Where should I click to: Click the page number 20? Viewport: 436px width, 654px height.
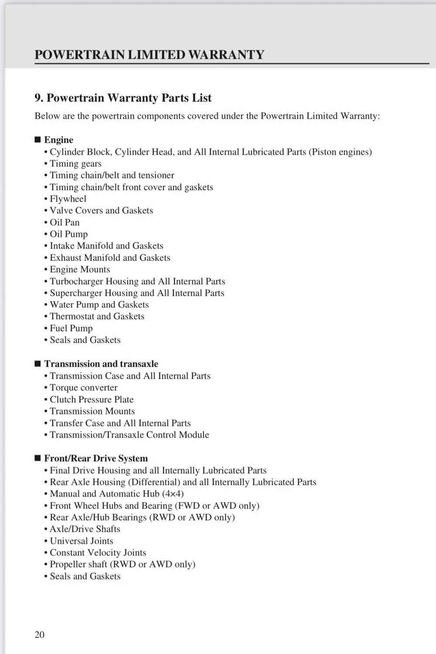pyautogui.click(x=39, y=634)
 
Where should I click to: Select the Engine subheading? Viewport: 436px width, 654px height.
pyautogui.click(x=58, y=140)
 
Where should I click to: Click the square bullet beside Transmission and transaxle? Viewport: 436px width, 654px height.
pyautogui.click(x=38, y=364)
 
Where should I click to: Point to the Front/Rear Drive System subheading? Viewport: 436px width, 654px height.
pyautogui.click(x=96, y=458)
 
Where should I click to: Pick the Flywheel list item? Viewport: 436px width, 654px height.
pyautogui.click(x=68, y=199)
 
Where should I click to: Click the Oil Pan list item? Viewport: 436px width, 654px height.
pyautogui.click(x=65, y=222)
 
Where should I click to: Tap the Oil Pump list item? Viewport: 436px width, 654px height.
pyautogui.click(x=68, y=234)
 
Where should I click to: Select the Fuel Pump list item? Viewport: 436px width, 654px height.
pyautogui.click(x=71, y=328)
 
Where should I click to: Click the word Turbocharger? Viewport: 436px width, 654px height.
pyautogui.click(x=76, y=281)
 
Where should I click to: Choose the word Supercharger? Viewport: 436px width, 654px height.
pyautogui.click(x=76, y=293)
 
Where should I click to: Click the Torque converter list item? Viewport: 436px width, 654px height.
pyautogui.click(x=83, y=388)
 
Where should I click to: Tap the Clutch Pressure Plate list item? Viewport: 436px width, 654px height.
pyautogui.click(x=92, y=399)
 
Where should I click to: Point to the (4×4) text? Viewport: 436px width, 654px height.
pyautogui.click(x=173, y=494)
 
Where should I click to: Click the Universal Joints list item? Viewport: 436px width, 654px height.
pyautogui.click(x=82, y=541)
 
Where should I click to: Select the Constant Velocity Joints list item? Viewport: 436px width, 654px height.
pyautogui.click(x=98, y=553)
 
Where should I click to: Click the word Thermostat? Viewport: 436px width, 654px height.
pyautogui.click(x=72, y=317)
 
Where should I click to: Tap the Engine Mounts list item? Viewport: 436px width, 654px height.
pyautogui.click(x=80, y=269)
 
